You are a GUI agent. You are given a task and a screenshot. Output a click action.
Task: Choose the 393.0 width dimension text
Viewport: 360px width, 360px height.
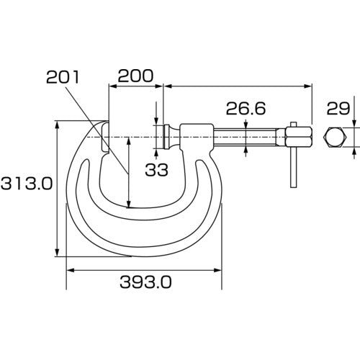(145, 282)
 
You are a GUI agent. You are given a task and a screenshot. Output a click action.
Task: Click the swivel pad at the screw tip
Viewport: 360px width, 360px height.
(166, 135)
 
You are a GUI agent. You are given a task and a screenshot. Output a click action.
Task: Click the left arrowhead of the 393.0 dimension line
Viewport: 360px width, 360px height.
(69, 271)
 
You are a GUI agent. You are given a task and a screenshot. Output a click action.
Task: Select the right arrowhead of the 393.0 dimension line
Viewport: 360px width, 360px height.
(219, 271)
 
